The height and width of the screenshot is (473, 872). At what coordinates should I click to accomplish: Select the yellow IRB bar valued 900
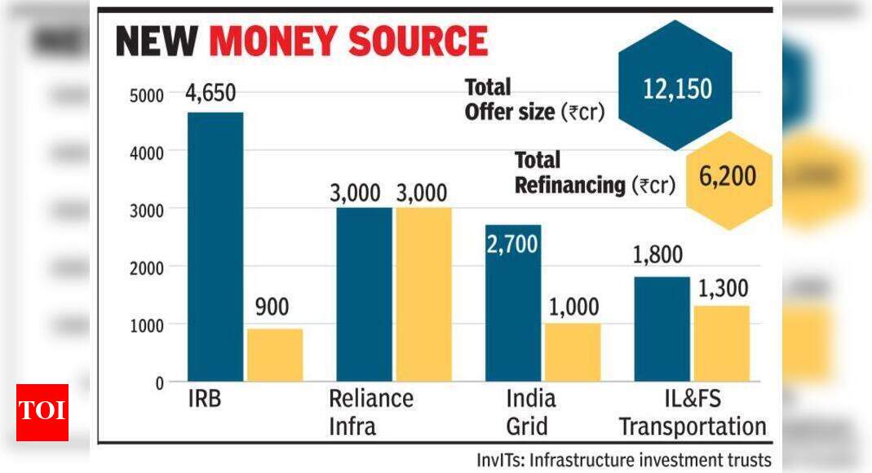pos(275,355)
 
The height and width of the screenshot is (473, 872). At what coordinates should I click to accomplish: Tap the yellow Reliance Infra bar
pos(423,294)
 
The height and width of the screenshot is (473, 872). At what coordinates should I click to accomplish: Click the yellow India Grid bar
pos(573,352)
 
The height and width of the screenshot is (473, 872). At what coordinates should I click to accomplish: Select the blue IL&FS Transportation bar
pos(662,329)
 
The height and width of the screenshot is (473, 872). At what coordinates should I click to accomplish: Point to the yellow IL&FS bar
pos(721,343)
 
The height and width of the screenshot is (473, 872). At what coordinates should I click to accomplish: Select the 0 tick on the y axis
pos(159,382)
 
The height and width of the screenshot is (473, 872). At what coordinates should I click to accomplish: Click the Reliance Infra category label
pos(371,412)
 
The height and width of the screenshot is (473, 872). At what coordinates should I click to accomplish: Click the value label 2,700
pos(513,243)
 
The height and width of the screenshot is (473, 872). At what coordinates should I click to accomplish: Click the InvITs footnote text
pos(623,460)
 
